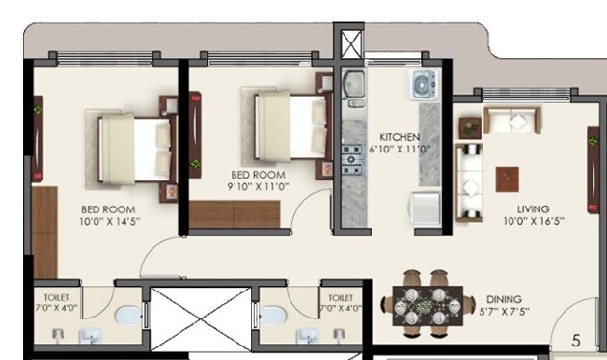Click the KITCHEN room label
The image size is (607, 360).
(399, 137)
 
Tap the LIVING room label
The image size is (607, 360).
(533, 208)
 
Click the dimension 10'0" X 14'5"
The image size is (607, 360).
(107, 221)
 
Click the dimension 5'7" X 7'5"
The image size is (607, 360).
(506, 313)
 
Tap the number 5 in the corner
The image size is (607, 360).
(576, 340)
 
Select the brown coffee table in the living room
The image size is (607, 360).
(507, 180)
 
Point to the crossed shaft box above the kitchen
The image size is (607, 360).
(348, 43)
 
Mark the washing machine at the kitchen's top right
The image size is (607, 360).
(424, 85)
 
